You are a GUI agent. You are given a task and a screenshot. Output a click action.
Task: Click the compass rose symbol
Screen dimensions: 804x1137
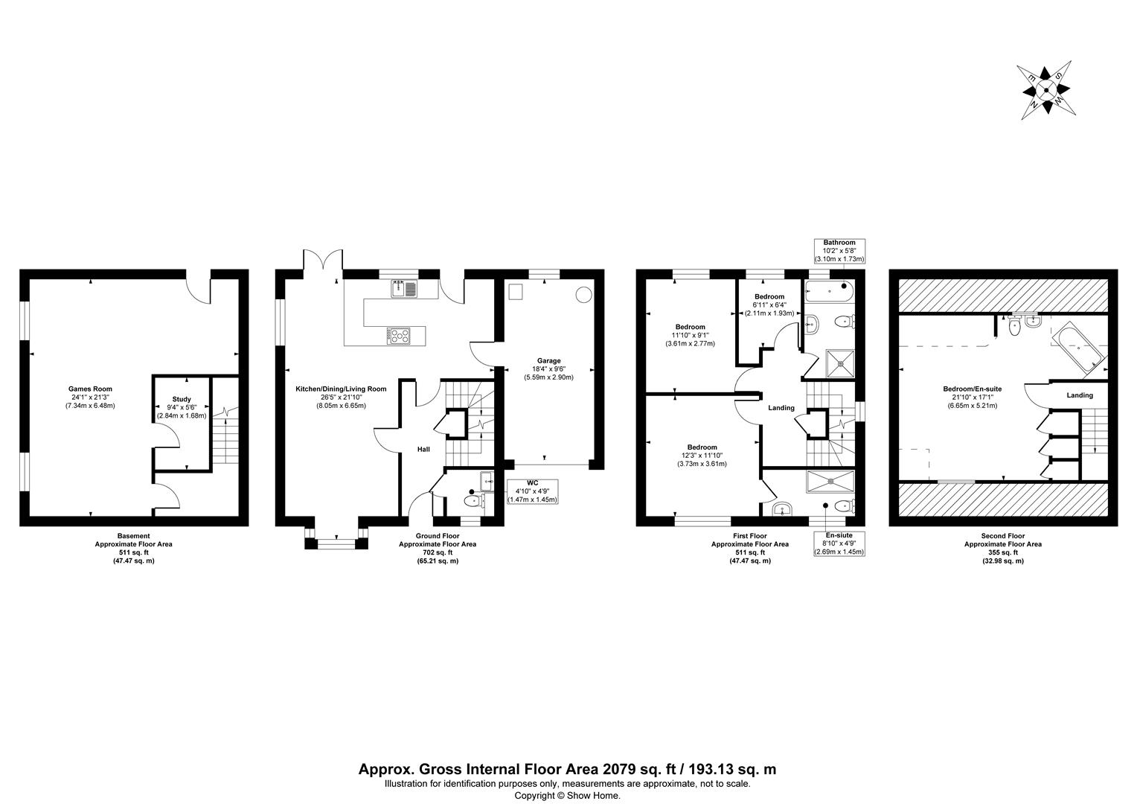point(1045,89)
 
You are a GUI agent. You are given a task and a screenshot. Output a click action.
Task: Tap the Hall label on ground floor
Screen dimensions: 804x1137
point(423,450)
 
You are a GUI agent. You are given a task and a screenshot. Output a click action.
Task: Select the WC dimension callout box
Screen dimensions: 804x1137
point(532,491)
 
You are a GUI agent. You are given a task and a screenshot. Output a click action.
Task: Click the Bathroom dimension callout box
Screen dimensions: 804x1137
point(839,251)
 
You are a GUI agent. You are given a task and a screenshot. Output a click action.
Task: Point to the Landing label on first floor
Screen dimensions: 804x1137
point(781,408)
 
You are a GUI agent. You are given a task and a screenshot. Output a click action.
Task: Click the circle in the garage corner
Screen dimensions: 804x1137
point(583,294)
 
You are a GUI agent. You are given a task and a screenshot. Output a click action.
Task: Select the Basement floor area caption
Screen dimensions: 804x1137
point(133,548)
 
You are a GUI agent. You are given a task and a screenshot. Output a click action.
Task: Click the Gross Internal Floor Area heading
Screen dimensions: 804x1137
point(568,770)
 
